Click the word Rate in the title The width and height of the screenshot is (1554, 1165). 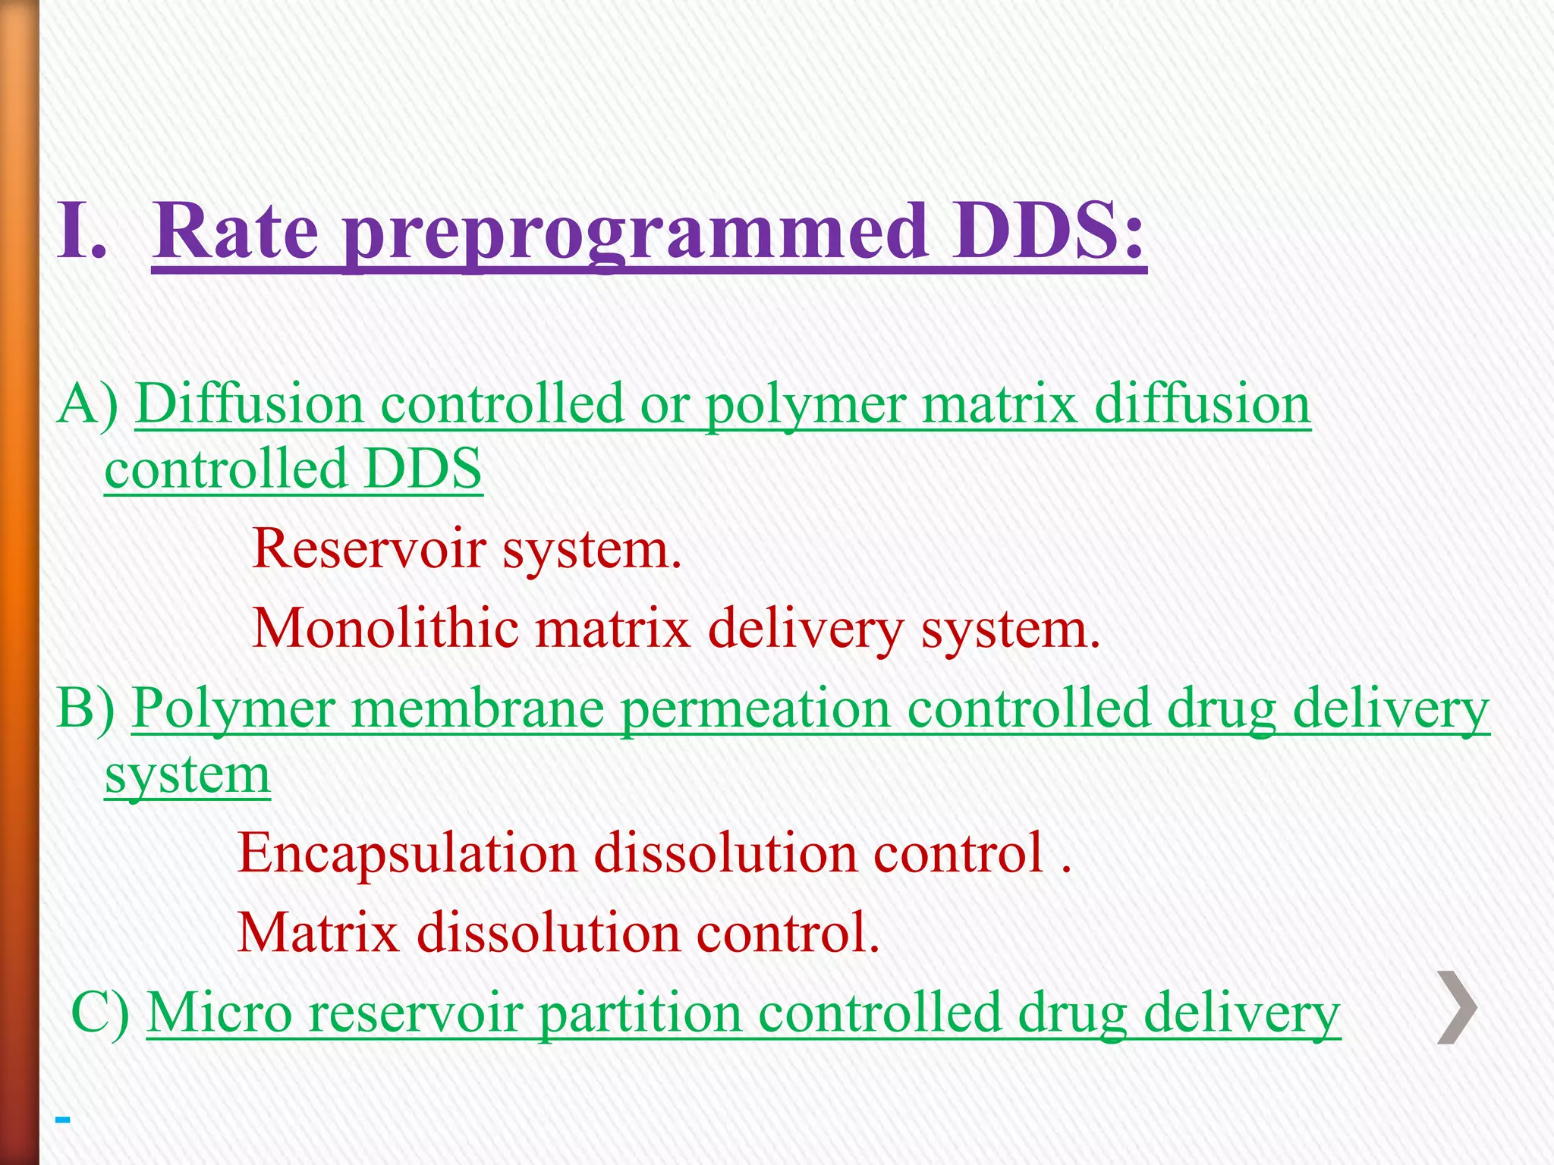pyautogui.click(x=236, y=231)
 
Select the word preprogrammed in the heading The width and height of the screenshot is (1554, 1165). pyautogui.click(x=636, y=234)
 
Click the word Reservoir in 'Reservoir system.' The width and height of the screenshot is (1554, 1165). pyautogui.click(x=369, y=548)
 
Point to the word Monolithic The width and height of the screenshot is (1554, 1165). pyautogui.click(x=385, y=628)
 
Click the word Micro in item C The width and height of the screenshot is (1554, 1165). pyautogui.click(x=219, y=1012)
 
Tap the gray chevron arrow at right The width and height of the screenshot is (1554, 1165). pyautogui.click(x=1457, y=1007)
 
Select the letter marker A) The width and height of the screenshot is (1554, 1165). pyautogui.click(x=88, y=403)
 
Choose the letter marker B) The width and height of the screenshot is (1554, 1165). pyautogui.click(x=86, y=708)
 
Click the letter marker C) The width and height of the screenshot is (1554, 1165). pyautogui.click(x=99, y=1012)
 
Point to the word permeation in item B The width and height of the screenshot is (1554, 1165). pyautogui.click(x=755, y=709)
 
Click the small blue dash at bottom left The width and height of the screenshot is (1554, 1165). pyautogui.click(x=63, y=1119)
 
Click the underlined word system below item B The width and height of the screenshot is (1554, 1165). pyautogui.click(x=187, y=775)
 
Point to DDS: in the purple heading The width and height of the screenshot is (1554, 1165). pyautogui.click(x=1050, y=231)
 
